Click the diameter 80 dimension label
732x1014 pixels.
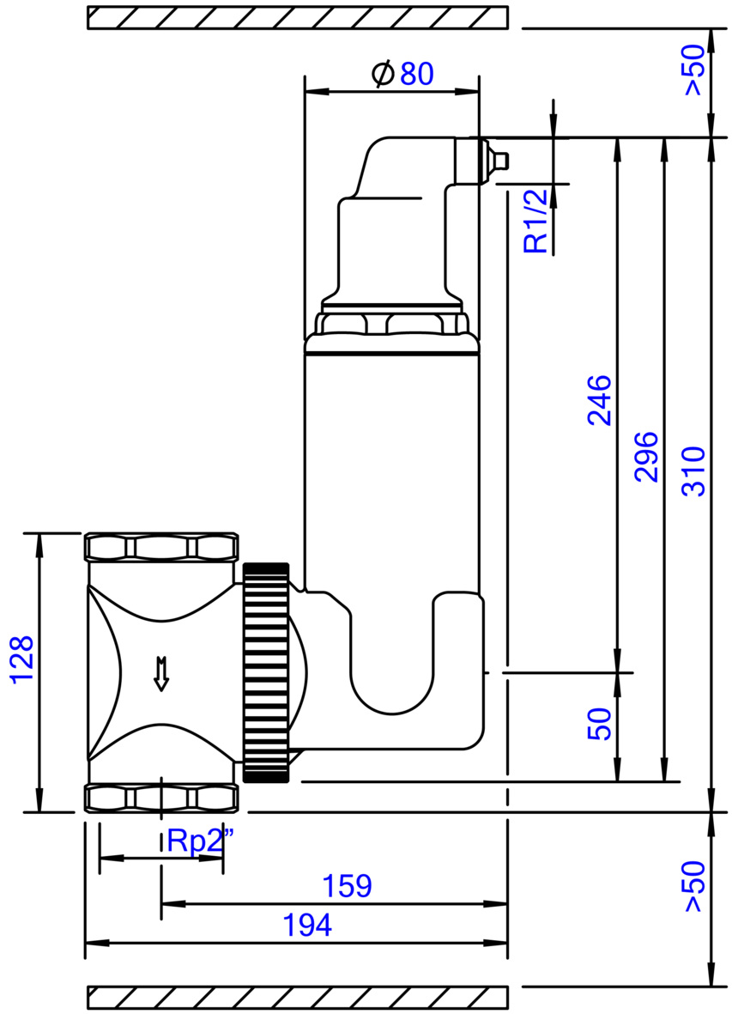tap(402, 74)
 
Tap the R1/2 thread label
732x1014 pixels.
tap(535, 220)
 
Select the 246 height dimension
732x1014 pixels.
tap(600, 399)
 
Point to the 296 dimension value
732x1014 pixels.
tap(646, 457)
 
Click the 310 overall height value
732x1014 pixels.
tap(694, 471)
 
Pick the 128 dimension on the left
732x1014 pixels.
tap(21, 659)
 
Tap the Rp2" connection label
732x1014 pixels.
tap(200, 841)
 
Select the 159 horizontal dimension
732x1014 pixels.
tap(347, 886)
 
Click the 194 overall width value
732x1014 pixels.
tap(307, 926)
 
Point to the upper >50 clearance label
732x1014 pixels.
tap(694, 70)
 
